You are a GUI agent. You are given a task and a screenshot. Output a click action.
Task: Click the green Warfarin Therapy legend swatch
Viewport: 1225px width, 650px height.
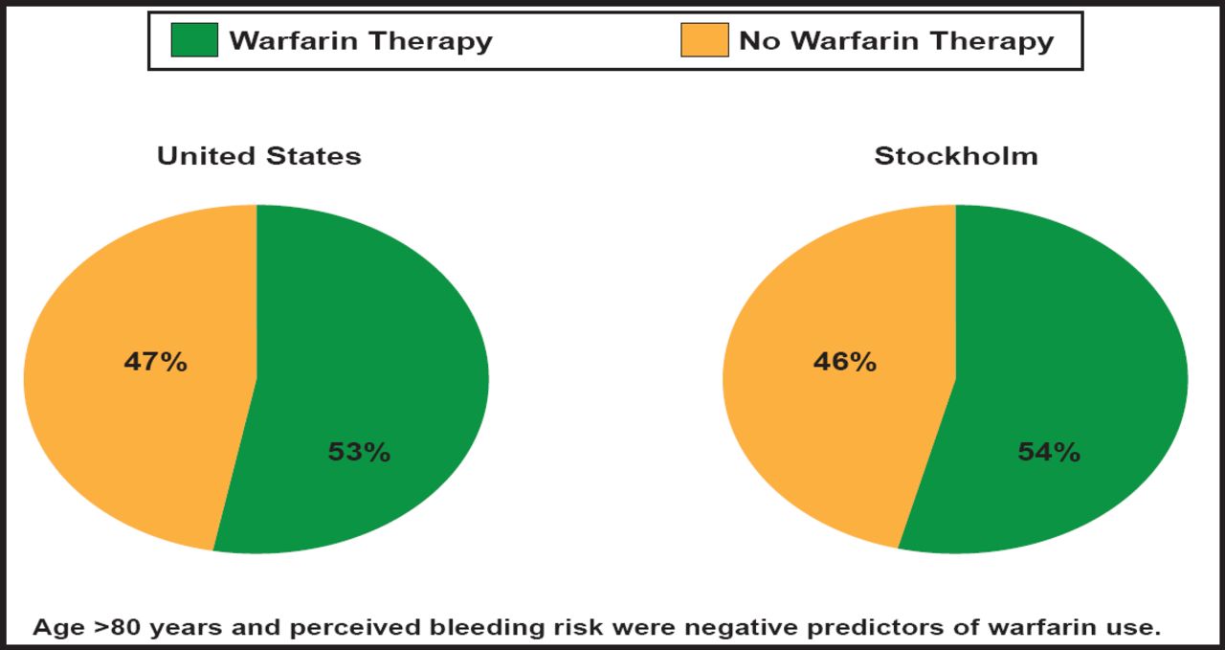[x=194, y=40]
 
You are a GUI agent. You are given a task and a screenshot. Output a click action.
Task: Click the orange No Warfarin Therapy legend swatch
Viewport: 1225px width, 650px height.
[x=704, y=40]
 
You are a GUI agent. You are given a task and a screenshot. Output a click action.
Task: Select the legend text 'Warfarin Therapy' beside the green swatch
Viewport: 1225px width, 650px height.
[x=361, y=41]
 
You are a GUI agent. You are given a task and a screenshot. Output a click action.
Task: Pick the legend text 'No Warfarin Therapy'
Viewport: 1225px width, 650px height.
[x=896, y=41]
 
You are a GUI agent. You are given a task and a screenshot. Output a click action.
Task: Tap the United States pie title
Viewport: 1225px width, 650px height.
[x=259, y=156]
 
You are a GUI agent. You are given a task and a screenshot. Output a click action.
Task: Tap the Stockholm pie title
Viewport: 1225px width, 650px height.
[x=956, y=156]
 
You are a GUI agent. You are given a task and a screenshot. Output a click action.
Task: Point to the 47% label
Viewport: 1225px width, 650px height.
[x=155, y=363]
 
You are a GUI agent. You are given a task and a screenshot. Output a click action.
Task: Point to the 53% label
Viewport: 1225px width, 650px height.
[x=359, y=452]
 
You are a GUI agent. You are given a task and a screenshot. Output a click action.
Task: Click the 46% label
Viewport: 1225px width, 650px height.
[x=844, y=363]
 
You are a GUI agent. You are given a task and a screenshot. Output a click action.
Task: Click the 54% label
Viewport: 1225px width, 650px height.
[x=1049, y=452]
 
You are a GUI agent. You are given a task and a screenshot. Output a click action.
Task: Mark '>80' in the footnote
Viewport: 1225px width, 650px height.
[x=114, y=628]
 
